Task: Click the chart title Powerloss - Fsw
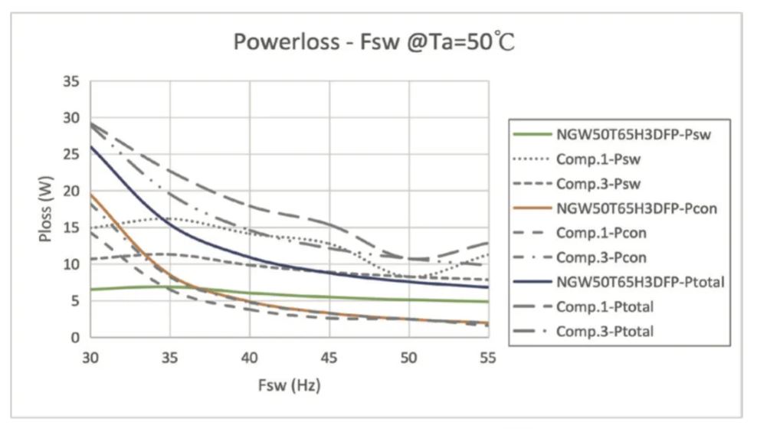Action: pyautogui.click(x=374, y=42)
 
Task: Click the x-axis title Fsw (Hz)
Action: pyautogui.click(x=288, y=385)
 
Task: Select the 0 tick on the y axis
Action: pyautogui.click(x=74, y=337)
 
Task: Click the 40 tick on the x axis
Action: pyautogui.click(x=249, y=357)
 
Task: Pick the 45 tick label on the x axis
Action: pyautogui.click(x=329, y=357)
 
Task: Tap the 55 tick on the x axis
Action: pyautogui.click(x=487, y=357)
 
